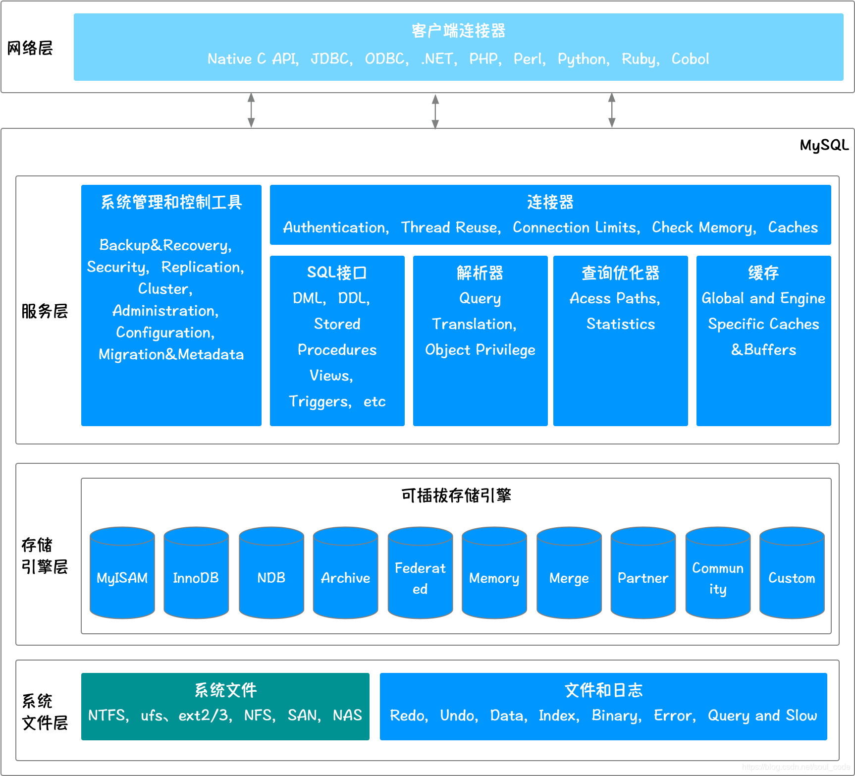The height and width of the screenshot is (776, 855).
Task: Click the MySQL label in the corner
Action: pyautogui.click(x=824, y=145)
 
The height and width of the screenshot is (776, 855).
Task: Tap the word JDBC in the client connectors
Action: pyautogui.click(x=330, y=59)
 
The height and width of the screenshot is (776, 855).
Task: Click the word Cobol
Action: pyautogui.click(x=690, y=59)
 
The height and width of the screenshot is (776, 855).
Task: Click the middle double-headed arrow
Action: pyautogui.click(x=435, y=111)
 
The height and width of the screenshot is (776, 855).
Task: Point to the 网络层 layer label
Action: pyautogui.click(x=30, y=48)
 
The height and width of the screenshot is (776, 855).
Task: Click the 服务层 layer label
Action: pyautogui.click(x=44, y=311)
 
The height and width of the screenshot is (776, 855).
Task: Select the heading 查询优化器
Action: pyautogui.click(x=620, y=273)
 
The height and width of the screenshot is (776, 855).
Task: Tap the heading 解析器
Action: pyautogui.click(x=480, y=273)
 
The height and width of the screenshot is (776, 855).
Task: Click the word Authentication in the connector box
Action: pyautogui.click(x=335, y=227)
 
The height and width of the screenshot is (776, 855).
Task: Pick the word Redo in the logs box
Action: pyautogui.click(x=408, y=716)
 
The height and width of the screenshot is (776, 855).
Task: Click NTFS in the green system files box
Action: pyautogui.click(x=107, y=716)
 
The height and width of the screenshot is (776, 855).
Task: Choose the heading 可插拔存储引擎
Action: pyautogui.click(x=456, y=495)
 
